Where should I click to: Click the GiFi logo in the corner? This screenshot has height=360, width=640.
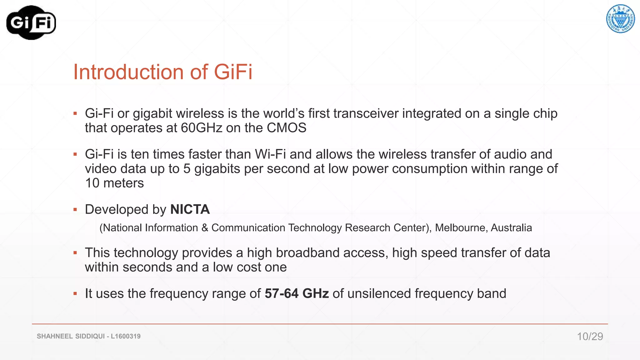tap(31, 22)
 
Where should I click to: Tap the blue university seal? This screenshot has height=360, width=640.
tap(620, 19)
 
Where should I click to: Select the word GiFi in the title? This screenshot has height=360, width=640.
tap(233, 72)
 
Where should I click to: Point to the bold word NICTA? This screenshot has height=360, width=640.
tap(190, 209)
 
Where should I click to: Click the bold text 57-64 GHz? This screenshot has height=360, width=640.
tap(297, 293)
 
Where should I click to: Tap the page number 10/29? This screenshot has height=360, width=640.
tap(590, 336)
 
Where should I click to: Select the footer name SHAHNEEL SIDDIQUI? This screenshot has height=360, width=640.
tap(71, 336)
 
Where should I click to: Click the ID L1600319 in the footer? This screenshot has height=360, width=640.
tap(126, 336)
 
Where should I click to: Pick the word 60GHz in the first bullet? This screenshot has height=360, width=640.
tap(202, 128)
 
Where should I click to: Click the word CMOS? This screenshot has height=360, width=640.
tap(287, 128)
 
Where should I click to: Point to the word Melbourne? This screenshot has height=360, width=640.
tap(461, 228)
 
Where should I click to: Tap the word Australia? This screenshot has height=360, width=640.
tap(511, 228)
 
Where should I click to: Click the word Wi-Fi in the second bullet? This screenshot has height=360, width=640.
tap(270, 154)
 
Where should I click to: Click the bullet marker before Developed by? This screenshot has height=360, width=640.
tap(75, 209)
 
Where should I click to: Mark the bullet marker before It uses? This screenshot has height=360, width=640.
tap(75, 293)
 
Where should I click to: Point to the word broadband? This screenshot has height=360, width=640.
tap(293, 253)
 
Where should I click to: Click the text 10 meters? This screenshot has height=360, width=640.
tap(114, 183)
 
